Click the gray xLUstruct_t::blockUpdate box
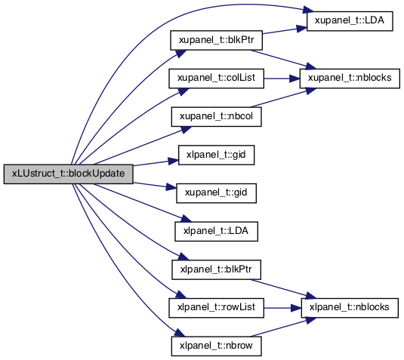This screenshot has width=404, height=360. [68, 174]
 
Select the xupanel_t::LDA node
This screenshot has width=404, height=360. [350, 21]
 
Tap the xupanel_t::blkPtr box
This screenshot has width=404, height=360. [216, 41]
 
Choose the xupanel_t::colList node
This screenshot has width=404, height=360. [216, 78]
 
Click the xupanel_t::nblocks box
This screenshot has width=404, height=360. [350, 78]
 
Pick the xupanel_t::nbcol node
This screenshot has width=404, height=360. [216, 117]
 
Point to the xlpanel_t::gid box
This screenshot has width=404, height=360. [216, 155]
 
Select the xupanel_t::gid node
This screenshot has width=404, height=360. [216, 193]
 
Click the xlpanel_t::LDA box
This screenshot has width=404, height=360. [216, 232]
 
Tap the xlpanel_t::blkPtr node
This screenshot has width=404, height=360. [216, 269]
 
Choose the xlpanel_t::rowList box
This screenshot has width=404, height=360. [216, 308]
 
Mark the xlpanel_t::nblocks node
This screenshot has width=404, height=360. [350, 308]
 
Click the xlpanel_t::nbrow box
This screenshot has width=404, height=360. [216, 346]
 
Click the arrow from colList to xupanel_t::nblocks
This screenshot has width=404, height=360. [282, 78]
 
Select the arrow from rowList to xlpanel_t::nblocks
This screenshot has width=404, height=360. [282, 308]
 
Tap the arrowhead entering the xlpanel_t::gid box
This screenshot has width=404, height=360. [173, 161]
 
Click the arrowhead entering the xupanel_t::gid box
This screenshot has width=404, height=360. [171, 187]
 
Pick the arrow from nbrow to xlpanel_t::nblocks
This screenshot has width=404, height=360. [283, 327]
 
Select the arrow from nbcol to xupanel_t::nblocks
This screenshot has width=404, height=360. [283, 97]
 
